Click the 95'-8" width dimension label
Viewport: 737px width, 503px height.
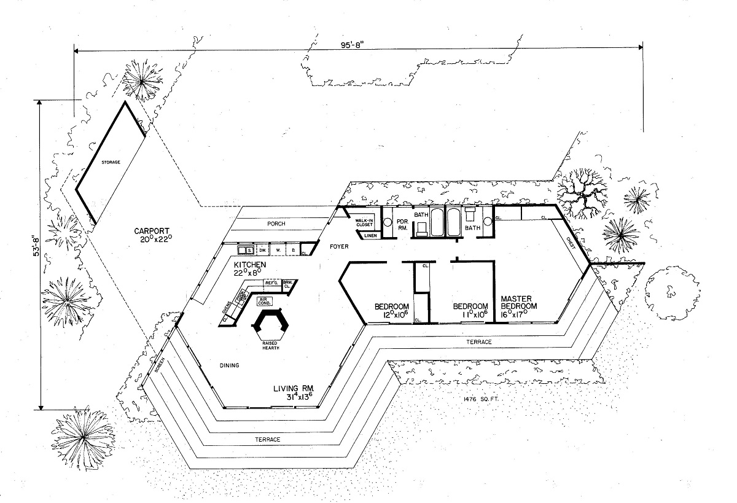click(x=356, y=44)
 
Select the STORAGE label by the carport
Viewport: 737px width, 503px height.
click(x=111, y=162)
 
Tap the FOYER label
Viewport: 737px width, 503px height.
click(x=339, y=247)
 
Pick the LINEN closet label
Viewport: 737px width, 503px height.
click(x=370, y=235)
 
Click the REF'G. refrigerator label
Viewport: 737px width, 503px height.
click(x=272, y=283)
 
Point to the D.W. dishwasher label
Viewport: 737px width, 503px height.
click(x=263, y=251)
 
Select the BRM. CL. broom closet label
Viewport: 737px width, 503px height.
click(x=288, y=284)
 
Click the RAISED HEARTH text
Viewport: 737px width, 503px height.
click(x=270, y=345)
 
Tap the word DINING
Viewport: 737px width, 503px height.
click(x=228, y=365)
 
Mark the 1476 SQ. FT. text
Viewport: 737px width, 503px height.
click(x=480, y=399)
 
